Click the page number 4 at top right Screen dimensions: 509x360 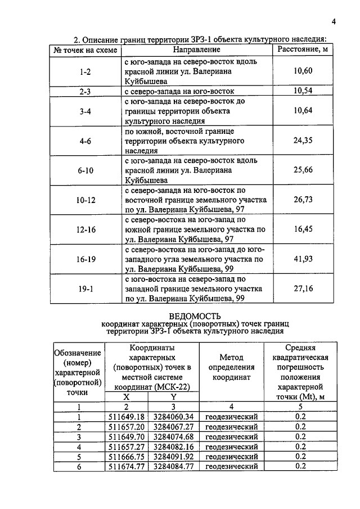coord(333,22)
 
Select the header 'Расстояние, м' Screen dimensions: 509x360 coord(303,50)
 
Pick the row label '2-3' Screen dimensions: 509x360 coord(85,91)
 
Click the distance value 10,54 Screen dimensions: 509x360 coord(303,91)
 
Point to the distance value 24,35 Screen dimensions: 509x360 coord(303,141)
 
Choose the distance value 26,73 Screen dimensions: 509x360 coord(303,200)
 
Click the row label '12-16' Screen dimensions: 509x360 coord(85,230)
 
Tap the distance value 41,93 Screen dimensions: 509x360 coord(303,259)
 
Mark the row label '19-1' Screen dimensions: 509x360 coord(85,289)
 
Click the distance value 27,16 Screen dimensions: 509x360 coord(303,289)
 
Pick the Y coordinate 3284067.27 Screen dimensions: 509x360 coord(173,427)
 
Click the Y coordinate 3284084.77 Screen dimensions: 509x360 coord(173,466)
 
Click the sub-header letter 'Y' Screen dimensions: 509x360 coord(173,397)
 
